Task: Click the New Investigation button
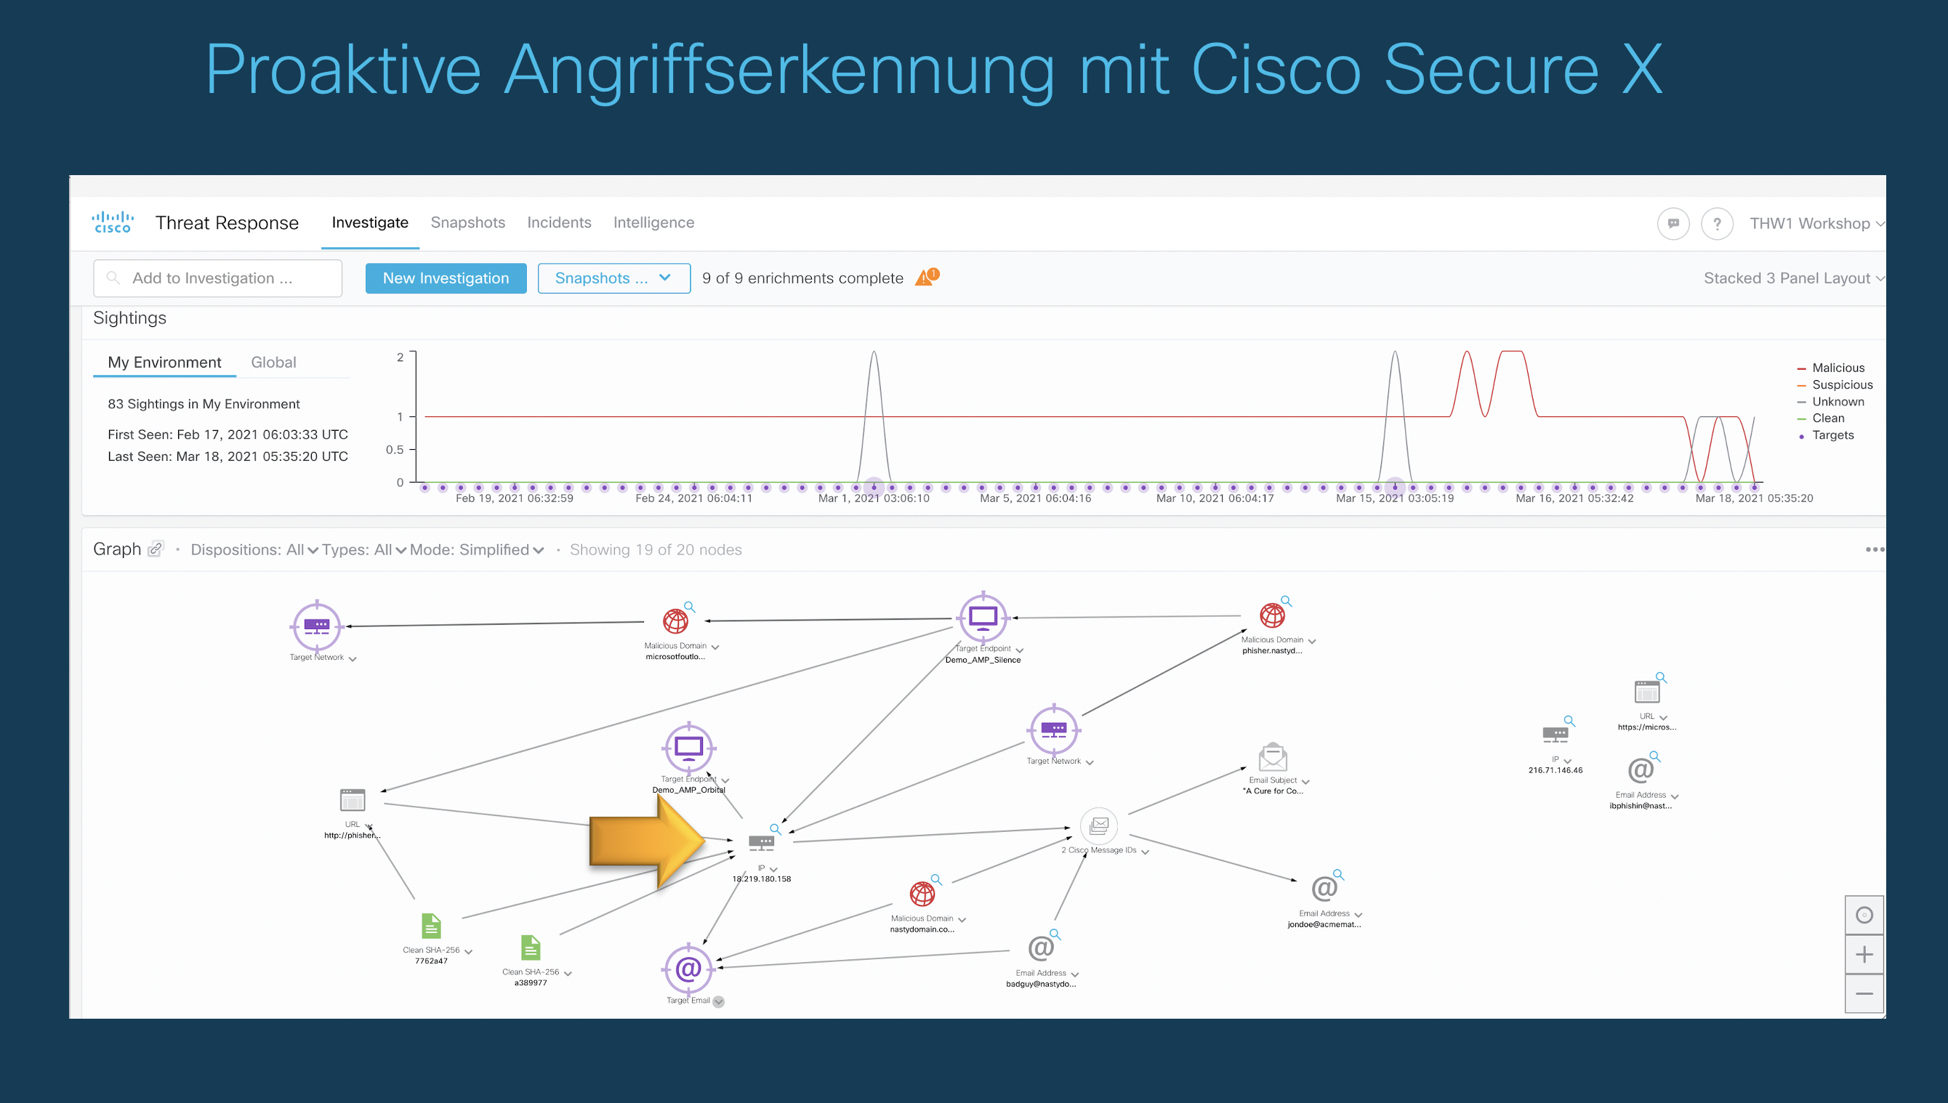446,278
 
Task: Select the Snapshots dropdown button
613,278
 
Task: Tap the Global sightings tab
273,362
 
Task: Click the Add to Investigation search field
218,278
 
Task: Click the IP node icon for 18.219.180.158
761,841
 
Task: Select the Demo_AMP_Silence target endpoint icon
983,618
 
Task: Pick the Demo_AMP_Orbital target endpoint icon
688,748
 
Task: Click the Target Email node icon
688,968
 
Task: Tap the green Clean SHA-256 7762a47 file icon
430,926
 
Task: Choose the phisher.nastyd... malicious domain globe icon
1272,615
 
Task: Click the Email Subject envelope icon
1272,758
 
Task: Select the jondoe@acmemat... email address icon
1324,889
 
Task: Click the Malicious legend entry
1838,368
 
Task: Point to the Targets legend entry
1832,435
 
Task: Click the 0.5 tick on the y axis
395,449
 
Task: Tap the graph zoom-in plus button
1864,955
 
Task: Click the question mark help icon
1717,224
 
